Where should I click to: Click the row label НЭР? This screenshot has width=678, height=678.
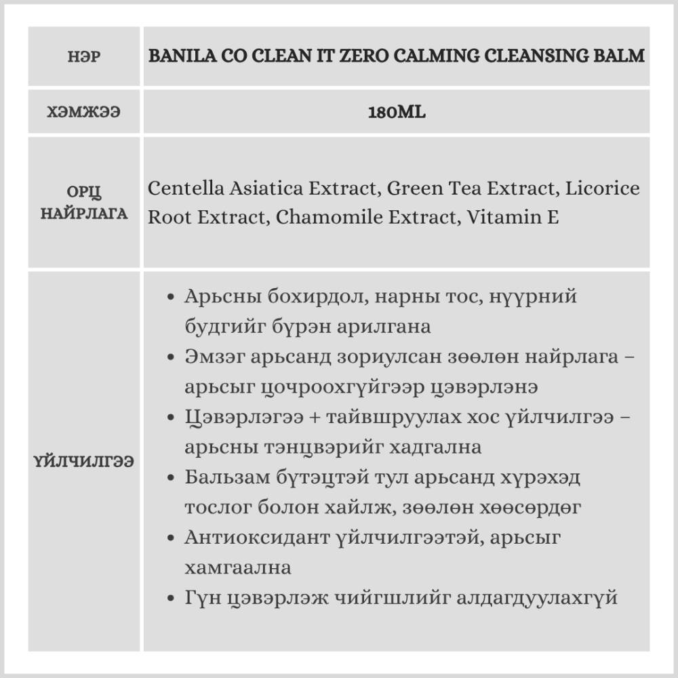[x=84, y=56]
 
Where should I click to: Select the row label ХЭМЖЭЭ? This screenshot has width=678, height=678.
[x=84, y=112]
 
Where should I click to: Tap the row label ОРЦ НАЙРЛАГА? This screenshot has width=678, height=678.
[x=84, y=202]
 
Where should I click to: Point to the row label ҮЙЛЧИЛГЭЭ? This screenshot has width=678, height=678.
[x=84, y=461]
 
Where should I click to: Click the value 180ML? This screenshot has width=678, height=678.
[x=397, y=112]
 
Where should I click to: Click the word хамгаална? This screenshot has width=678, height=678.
[x=237, y=567]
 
